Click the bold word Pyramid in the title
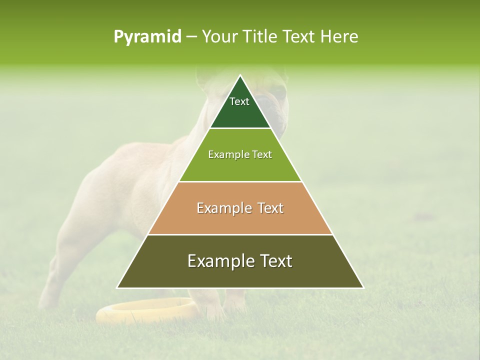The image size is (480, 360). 147,37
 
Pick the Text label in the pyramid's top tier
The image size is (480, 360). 239,101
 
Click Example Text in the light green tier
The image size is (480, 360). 240,155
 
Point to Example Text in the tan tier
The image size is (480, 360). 240,208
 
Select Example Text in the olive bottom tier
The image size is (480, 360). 240,261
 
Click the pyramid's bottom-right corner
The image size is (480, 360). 363,287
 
